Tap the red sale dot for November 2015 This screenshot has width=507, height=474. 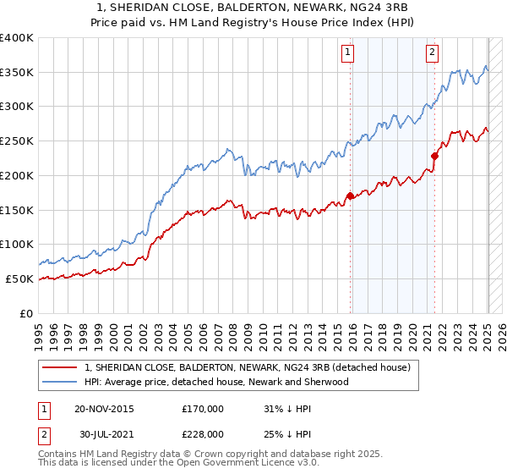(x=350, y=196)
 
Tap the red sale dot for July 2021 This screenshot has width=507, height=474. (x=435, y=156)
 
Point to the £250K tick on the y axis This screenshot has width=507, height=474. (x=19, y=141)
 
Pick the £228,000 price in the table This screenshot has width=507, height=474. (x=203, y=433)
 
